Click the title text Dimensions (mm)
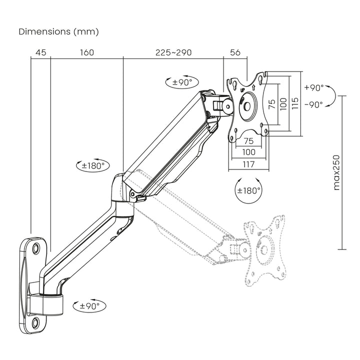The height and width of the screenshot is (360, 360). coord(58,31)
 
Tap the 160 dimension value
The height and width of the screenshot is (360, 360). coord(86,52)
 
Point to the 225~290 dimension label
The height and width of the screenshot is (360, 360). coord(173,52)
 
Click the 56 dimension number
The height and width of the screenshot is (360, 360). coord(235,52)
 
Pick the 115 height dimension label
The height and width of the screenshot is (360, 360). coord(295,103)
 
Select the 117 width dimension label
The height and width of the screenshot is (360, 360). coord(248,164)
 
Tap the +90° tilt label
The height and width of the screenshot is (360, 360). coord(314,87)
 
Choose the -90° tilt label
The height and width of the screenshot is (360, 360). coord(313,104)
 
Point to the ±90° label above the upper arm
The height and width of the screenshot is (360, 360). coord(182,82)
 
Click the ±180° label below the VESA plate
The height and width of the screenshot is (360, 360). coord(249,190)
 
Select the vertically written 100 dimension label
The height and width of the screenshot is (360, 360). coord(283,103)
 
